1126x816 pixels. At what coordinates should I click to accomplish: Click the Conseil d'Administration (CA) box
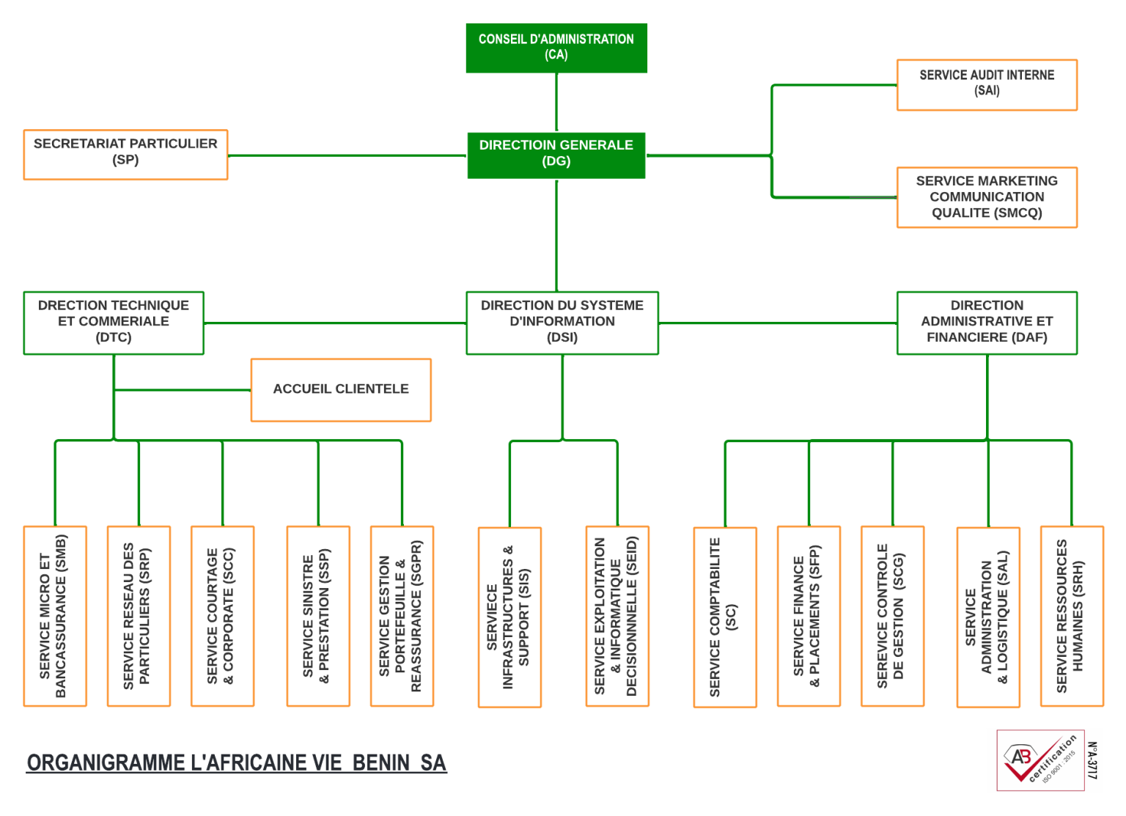click(x=556, y=48)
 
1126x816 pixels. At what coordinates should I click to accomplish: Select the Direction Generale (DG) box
click(x=556, y=155)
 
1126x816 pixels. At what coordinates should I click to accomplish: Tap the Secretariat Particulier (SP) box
click(x=125, y=155)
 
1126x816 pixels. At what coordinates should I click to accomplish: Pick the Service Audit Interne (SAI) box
click(x=987, y=84)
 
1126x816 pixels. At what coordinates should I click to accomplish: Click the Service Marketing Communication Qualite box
click(x=987, y=197)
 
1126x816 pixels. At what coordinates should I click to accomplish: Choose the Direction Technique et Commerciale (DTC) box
click(x=114, y=323)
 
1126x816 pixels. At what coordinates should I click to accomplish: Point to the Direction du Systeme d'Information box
click(x=562, y=323)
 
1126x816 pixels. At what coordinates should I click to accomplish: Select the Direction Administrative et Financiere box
click(x=987, y=323)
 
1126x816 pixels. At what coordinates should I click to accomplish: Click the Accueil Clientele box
click(x=341, y=390)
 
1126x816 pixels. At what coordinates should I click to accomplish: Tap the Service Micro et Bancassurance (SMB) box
click(x=55, y=616)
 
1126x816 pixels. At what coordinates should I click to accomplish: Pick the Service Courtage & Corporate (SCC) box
click(x=222, y=616)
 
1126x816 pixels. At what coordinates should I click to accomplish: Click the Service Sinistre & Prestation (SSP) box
click(x=318, y=616)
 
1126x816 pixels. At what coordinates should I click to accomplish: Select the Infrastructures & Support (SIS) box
click(x=509, y=617)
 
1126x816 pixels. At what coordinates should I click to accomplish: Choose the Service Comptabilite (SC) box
click(x=725, y=617)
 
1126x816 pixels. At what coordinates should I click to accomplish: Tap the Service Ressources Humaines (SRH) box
click(x=1072, y=616)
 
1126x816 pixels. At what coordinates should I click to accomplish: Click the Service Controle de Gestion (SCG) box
click(x=892, y=616)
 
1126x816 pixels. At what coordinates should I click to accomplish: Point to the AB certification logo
click(x=1044, y=760)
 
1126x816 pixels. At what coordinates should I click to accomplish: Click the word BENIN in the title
click(x=380, y=763)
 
